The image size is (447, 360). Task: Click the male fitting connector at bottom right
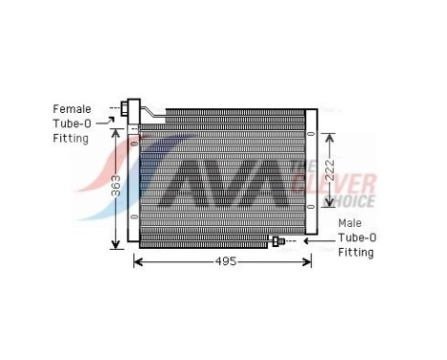pos(279,242)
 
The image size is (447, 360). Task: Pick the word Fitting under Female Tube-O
pos(71,139)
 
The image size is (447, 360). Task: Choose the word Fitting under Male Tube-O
pos(355,253)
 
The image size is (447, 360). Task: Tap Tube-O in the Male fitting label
pos(357,237)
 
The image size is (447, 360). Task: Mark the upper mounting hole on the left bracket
pos(134,144)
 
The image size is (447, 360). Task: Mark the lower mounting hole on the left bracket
pos(134,215)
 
